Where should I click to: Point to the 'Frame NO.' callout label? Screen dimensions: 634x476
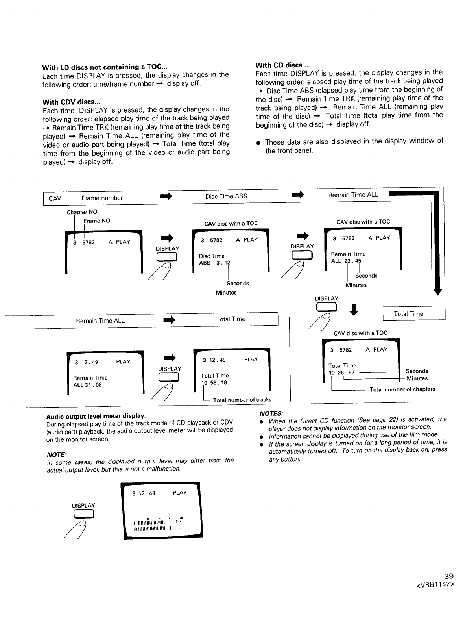98,221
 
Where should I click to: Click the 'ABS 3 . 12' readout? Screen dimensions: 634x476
214,263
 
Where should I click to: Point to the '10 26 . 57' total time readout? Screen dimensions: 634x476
342,373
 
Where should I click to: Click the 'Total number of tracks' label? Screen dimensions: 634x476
242,400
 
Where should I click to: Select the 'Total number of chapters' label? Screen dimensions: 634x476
402,389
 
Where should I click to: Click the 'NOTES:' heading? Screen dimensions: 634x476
271,413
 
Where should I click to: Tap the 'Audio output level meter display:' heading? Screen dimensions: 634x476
96,416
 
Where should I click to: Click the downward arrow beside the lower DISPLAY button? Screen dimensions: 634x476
354,309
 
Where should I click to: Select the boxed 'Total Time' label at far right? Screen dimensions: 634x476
408,314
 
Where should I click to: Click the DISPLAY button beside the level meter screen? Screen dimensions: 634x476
83,514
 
